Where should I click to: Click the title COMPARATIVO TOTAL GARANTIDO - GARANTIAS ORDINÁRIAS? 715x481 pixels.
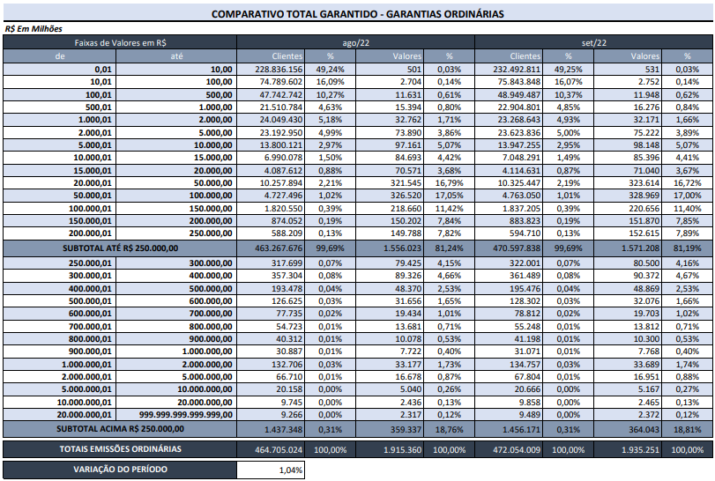point(358,14)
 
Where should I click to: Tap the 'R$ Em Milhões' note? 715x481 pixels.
point(34,29)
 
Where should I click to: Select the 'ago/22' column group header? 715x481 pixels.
point(355,43)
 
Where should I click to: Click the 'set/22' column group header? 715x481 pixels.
point(593,43)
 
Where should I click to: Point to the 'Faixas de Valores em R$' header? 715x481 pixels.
point(121,43)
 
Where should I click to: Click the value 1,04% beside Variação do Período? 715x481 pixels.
point(290,470)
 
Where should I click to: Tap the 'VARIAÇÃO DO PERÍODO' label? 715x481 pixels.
point(121,470)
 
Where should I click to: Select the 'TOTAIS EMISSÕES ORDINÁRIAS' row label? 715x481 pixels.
point(121,449)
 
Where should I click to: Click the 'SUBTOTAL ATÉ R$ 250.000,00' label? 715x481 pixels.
point(121,248)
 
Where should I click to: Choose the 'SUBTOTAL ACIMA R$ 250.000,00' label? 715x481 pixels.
point(121,429)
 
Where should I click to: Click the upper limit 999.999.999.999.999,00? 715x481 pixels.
point(186,415)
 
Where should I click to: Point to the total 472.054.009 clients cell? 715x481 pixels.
point(517,450)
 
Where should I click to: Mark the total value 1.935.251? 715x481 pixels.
point(640,450)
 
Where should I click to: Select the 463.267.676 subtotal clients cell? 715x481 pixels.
point(279,248)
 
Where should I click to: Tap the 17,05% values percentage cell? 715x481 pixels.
point(450,196)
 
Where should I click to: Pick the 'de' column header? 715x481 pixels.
point(60,56)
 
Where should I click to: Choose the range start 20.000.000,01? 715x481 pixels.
point(84,415)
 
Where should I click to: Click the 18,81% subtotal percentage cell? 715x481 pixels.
point(687,430)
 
